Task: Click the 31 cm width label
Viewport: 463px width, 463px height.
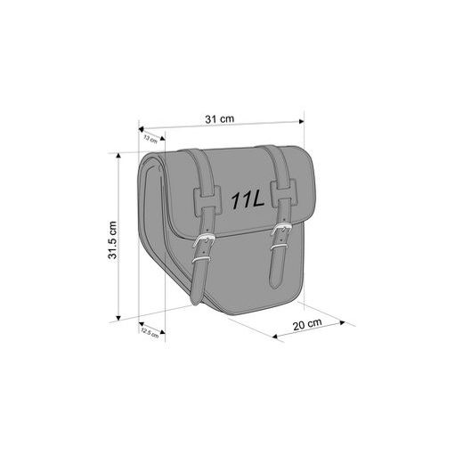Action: [220, 118]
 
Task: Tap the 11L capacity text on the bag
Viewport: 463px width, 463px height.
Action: [245, 200]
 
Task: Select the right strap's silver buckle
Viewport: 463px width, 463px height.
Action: [284, 238]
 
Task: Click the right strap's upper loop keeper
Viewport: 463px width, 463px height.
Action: [284, 189]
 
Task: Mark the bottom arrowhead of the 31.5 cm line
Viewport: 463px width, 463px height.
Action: [117, 316]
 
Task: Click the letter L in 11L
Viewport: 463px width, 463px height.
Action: [256, 200]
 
